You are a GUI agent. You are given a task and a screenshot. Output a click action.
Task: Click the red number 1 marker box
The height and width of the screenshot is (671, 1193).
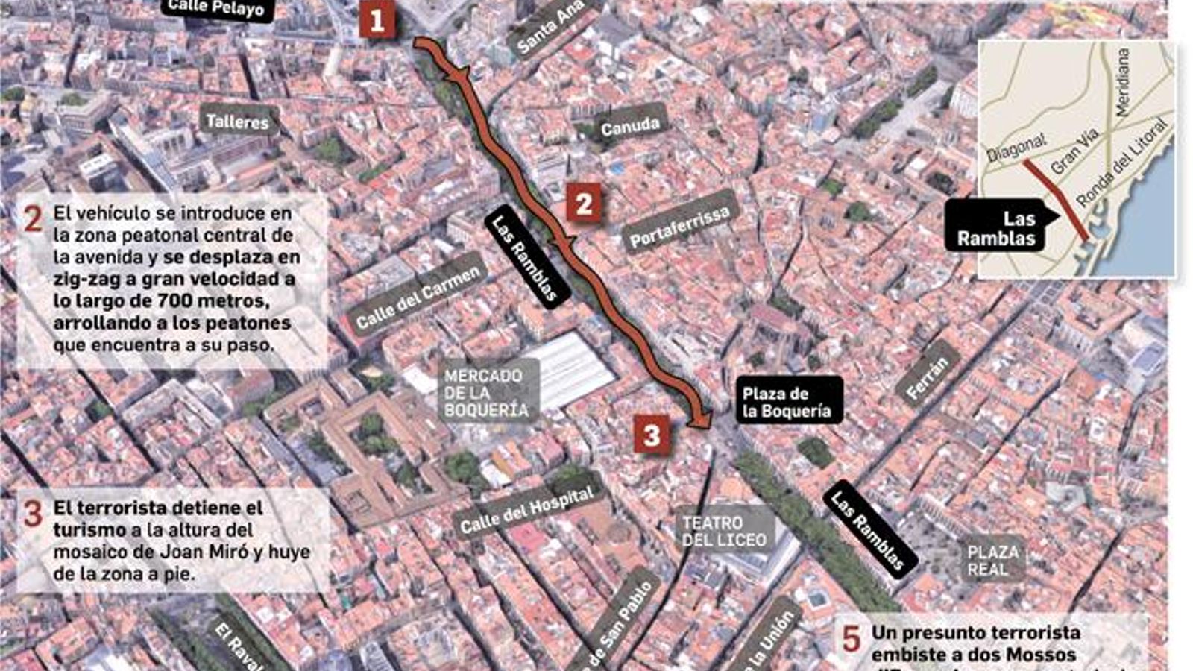tap(377, 20)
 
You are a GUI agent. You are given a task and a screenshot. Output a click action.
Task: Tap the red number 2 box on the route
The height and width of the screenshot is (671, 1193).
tap(584, 204)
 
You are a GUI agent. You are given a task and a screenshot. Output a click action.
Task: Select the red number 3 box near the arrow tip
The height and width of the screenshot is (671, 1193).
tap(652, 435)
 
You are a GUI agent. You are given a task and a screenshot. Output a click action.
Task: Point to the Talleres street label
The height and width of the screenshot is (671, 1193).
tap(238, 122)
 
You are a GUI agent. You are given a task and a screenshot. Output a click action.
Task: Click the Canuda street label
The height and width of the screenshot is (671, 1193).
tap(630, 127)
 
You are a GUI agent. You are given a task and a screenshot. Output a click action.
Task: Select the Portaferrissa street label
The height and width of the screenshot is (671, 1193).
tap(679, 227)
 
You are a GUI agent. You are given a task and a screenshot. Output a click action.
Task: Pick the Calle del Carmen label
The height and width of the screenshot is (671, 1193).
tap(418, 297)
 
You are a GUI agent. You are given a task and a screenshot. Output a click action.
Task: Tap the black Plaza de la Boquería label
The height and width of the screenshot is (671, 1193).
tap(787, 402)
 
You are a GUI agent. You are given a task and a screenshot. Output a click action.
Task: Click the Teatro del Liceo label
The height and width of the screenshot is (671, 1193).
tap(724, 532)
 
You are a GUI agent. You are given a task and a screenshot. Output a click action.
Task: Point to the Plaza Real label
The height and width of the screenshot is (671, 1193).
tap(993, 561)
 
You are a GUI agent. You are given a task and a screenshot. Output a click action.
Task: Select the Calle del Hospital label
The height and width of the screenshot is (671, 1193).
tap(527, 511)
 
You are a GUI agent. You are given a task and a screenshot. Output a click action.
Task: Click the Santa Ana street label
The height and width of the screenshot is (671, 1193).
tap(550, 26)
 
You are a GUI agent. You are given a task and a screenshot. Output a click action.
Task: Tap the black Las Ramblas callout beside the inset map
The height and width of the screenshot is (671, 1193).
tap(997, 229)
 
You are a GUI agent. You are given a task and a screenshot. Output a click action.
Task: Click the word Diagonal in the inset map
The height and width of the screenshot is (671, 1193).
tap(1016, 149)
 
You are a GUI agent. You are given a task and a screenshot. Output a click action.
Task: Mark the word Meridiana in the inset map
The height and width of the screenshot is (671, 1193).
tap(1122, 82)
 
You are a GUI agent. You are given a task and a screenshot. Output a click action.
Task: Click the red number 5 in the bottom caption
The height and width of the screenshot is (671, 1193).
tap(851, 639)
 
